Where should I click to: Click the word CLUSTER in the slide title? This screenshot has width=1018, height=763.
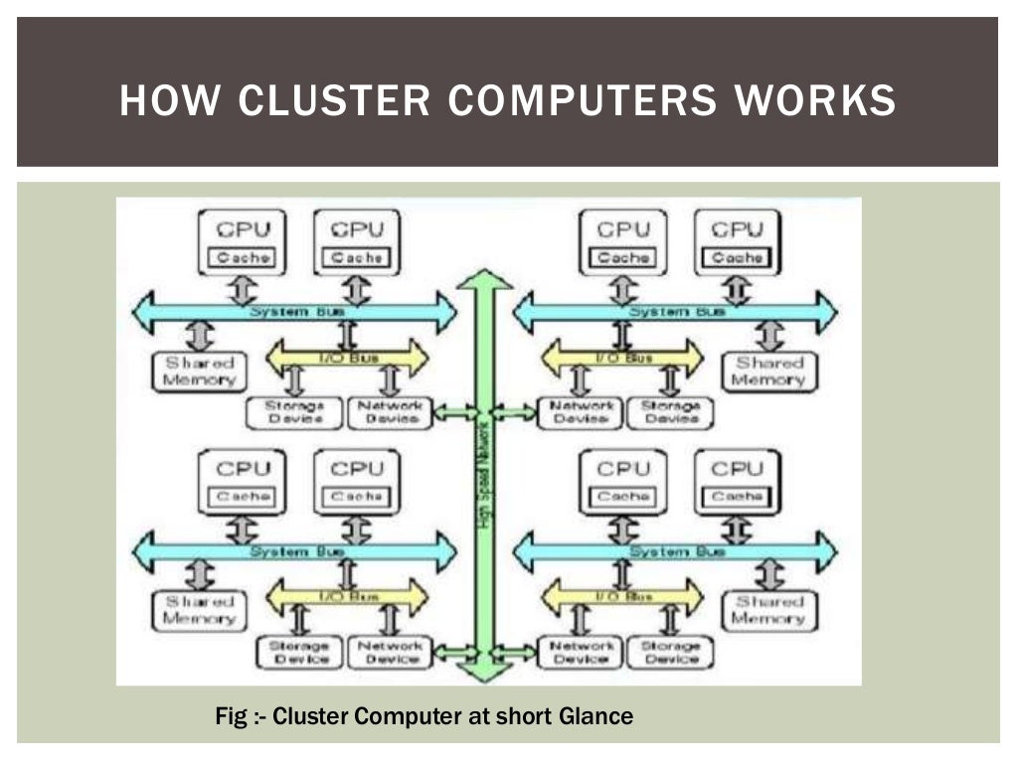[x=334, y=101]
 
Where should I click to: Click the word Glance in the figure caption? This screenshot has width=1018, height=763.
[x=593, y=715]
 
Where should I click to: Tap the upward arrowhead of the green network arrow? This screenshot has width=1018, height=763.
[x=485, y=280]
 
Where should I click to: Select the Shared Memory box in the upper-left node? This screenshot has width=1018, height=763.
[x=199, y=372]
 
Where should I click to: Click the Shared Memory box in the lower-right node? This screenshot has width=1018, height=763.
[x=767, y=609]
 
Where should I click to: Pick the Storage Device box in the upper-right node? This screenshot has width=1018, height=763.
[x=669, y=412]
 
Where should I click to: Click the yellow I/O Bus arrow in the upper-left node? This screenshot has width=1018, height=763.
[x=348, y=357]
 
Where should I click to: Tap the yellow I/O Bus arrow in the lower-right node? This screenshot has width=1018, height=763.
[x=622, y=596]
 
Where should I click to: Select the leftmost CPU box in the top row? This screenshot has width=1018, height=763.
[x=242, y=241]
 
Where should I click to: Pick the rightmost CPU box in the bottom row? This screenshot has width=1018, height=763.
[x=737, y=481]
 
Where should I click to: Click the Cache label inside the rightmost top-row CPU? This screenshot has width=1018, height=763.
[x=737, y=257]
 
